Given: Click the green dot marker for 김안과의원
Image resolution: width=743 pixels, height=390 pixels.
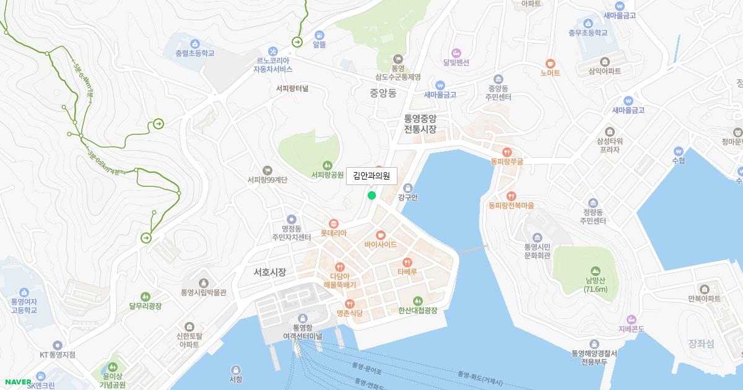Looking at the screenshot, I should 371,196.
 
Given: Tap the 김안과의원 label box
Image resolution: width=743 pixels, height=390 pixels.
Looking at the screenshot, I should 371,176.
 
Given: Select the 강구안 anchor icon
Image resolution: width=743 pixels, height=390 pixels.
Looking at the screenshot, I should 407,188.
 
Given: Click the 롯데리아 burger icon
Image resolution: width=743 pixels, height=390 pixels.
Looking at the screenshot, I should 333,223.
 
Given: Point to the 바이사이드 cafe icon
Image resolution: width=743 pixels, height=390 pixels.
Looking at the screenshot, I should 380,235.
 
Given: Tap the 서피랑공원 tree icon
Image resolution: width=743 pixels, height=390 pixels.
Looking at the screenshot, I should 328,165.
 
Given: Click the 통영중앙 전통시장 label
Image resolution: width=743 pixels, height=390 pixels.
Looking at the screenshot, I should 420,124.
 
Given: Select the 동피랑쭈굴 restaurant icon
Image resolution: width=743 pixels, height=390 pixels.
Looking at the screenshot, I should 507,152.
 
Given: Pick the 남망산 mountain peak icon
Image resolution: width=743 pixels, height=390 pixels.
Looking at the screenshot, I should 595,271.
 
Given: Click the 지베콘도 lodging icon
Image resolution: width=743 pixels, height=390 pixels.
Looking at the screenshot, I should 632,319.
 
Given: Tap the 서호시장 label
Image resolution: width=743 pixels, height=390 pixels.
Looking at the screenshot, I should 269,272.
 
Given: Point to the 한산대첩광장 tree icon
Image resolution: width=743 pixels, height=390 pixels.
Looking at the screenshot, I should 418,300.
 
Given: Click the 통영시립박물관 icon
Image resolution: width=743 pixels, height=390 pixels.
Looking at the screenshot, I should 203,282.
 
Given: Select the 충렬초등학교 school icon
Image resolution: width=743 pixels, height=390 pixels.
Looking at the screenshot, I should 194,43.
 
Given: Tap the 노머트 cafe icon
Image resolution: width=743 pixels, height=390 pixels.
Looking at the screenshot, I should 550,63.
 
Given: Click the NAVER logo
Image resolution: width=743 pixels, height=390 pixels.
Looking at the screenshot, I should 17,382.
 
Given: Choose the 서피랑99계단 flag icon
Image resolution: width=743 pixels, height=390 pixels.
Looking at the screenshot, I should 267,170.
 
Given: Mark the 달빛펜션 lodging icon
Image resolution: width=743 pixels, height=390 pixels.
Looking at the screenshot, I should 456,52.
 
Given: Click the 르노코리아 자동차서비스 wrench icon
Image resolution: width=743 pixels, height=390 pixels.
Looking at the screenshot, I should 272,51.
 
